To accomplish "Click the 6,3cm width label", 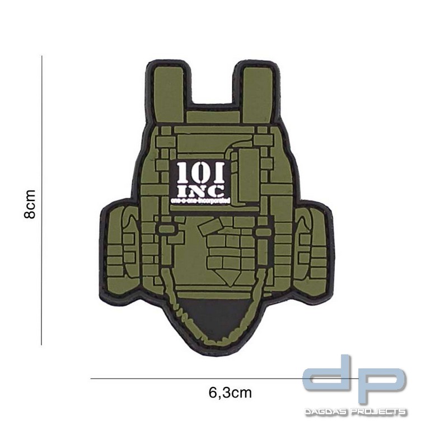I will pyautogui.click(x=230, y=392).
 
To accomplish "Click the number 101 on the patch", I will pyautogui.click(x=200, y=171).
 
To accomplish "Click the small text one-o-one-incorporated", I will pyautogui.click(x=200, y=199).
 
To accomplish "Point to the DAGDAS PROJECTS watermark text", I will pyautogui.click(x=356, y=412).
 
